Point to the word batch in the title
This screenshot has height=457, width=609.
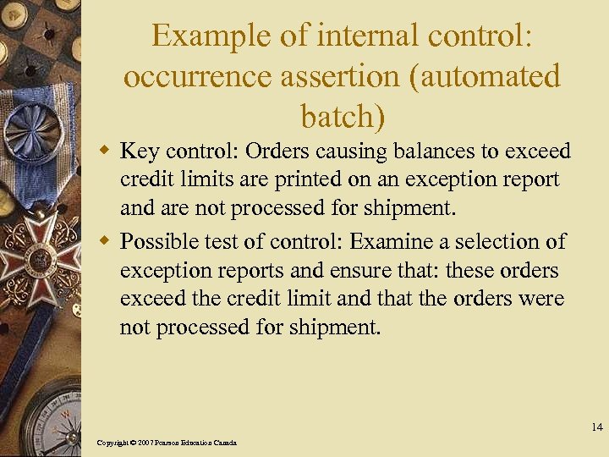[336, 116]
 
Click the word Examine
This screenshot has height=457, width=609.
[391, 243]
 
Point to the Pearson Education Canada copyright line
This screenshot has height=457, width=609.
[167, 443]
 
